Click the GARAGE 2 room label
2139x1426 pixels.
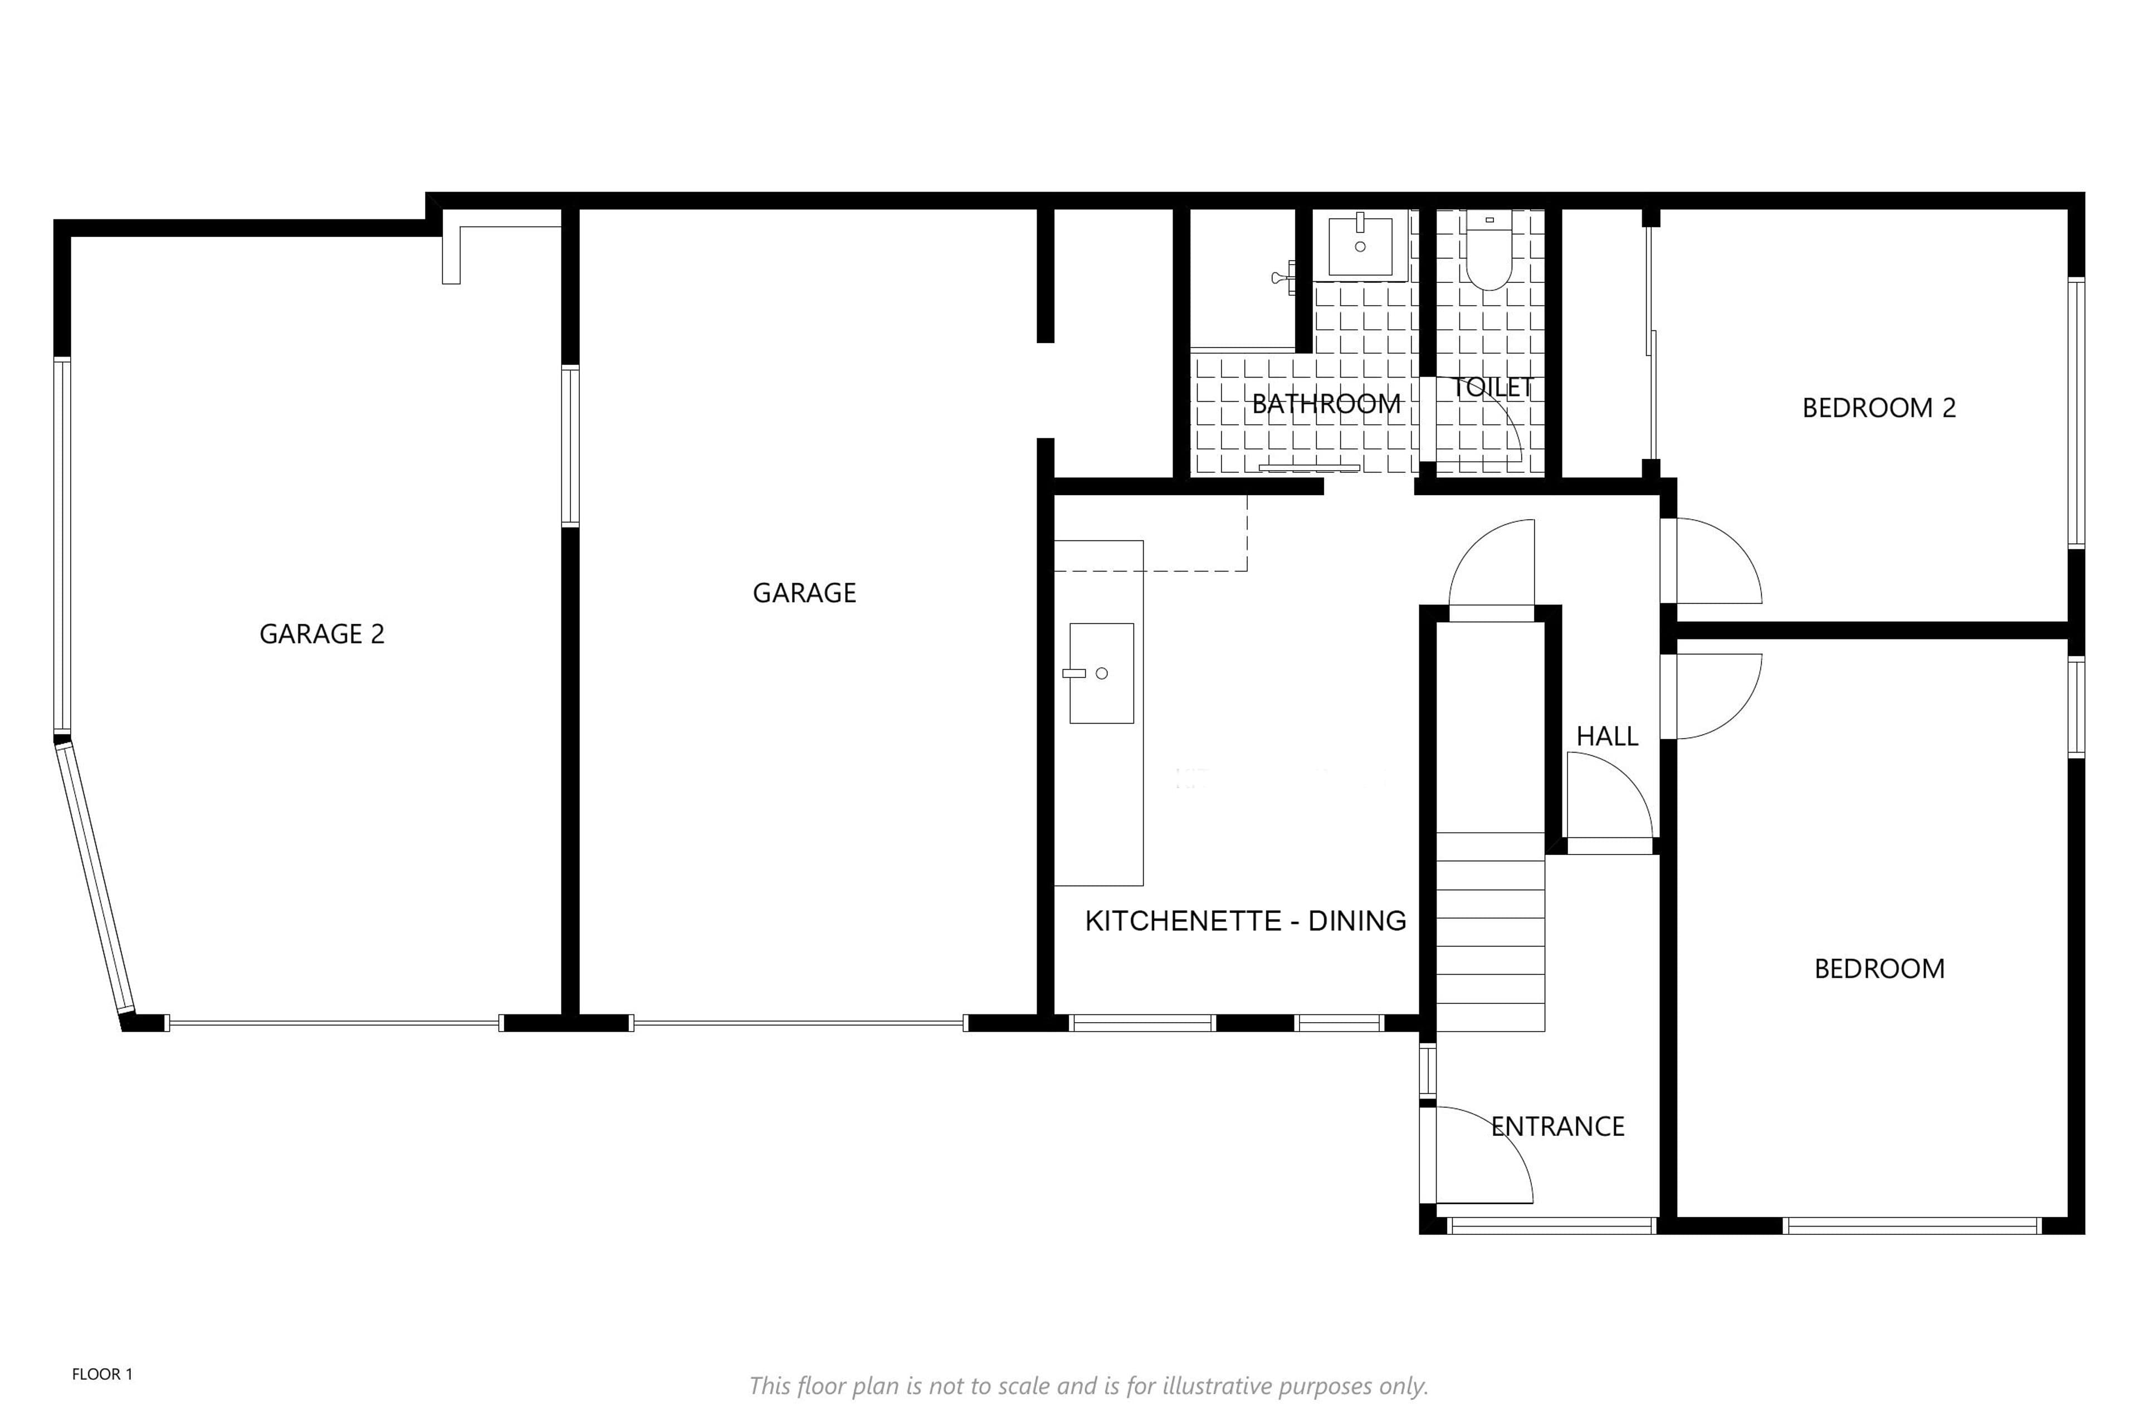coord(322,634)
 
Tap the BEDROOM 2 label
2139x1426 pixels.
coord(1879,407)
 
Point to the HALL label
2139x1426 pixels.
coord(1607,736)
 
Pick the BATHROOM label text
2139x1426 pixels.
coord(1326,404)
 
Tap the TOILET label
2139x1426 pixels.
coord(1492,388)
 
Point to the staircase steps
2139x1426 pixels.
coord(1491,932)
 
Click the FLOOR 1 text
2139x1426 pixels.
coord(102,1374)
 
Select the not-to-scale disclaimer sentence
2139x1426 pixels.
coord(1088,1386)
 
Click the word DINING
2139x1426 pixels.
coord(1357,921)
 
